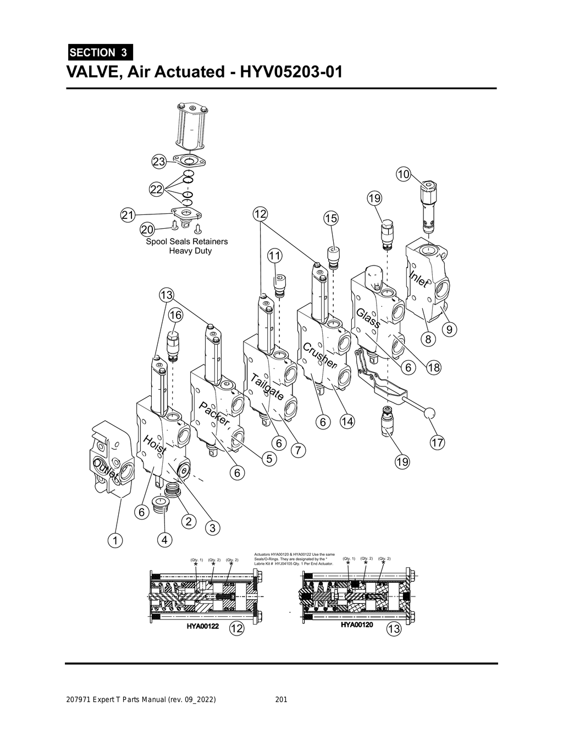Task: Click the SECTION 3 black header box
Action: coord(100,53)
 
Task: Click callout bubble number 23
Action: coord(159,162)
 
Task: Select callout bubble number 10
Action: coord(403,174)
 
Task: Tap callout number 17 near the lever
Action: coord(437,443)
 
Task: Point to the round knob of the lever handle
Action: coord(430,413)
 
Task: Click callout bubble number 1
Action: coord(115,540)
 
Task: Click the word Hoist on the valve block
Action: coord(155,445)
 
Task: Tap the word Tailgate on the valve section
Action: coord(268,386)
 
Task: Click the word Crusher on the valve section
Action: coord(319,355)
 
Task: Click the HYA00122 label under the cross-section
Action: coord(203,626)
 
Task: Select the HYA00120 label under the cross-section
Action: coord(357,625)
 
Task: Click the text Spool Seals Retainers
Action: coord(186,241)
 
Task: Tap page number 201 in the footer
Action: coord(281,700)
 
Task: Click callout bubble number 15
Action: coord(330,218)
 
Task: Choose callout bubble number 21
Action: coord(128,216)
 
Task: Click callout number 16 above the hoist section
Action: coord(175,315)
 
